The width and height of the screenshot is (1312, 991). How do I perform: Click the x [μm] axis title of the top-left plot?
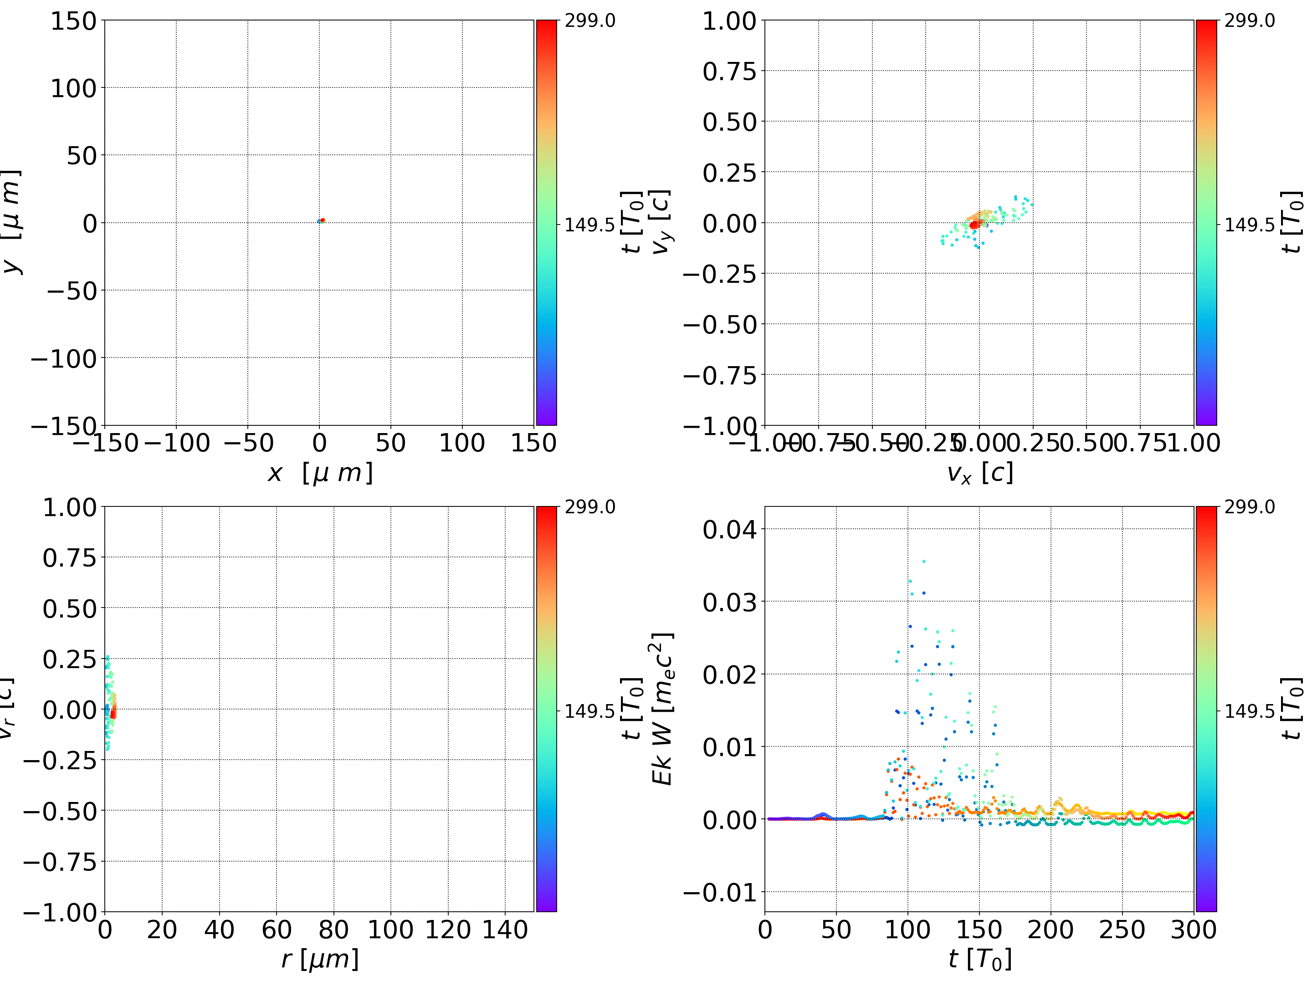(x=320, y=473)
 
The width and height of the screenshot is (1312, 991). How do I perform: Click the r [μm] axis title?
(x=320, y=959)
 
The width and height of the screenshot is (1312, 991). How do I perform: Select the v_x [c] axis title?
(x=980, y=473)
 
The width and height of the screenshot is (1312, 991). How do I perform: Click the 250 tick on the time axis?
(x=1122, y=930)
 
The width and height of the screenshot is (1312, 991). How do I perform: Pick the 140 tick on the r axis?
(x=505, y=930)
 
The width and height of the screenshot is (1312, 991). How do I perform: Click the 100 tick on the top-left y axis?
(x=73, y=88)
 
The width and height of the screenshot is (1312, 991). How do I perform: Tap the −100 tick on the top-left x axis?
(x=177, y=443)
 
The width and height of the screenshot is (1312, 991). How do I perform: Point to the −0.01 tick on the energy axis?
(x=720, y=892)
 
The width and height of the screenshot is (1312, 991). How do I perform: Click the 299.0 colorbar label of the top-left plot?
(x=589, y=21)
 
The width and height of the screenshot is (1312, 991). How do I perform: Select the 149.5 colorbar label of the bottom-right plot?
(x=1249, y=710)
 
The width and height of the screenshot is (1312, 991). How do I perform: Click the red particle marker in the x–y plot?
(x=323, y=220)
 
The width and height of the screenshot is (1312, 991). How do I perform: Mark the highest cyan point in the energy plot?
(x=923, y=561)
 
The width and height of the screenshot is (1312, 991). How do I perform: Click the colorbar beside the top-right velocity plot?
(x=1206, y=222)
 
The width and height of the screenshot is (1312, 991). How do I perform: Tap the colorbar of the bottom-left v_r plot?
(x=546, y=709)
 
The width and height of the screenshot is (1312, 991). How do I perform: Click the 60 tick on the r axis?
(x=277, y=930)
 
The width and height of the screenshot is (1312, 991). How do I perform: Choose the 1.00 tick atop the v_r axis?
(x=69, y=508)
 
